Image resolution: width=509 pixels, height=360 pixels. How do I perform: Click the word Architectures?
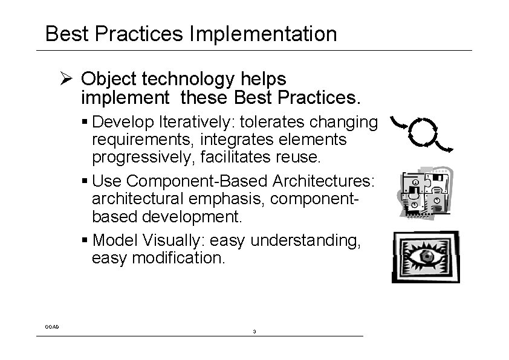[326, 181]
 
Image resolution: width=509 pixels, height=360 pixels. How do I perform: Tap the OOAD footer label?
[52, 327]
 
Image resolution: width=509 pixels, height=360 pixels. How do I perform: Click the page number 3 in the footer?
[254, 332]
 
